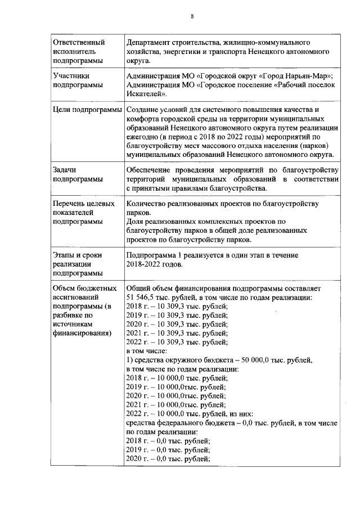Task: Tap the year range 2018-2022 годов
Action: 155,264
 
